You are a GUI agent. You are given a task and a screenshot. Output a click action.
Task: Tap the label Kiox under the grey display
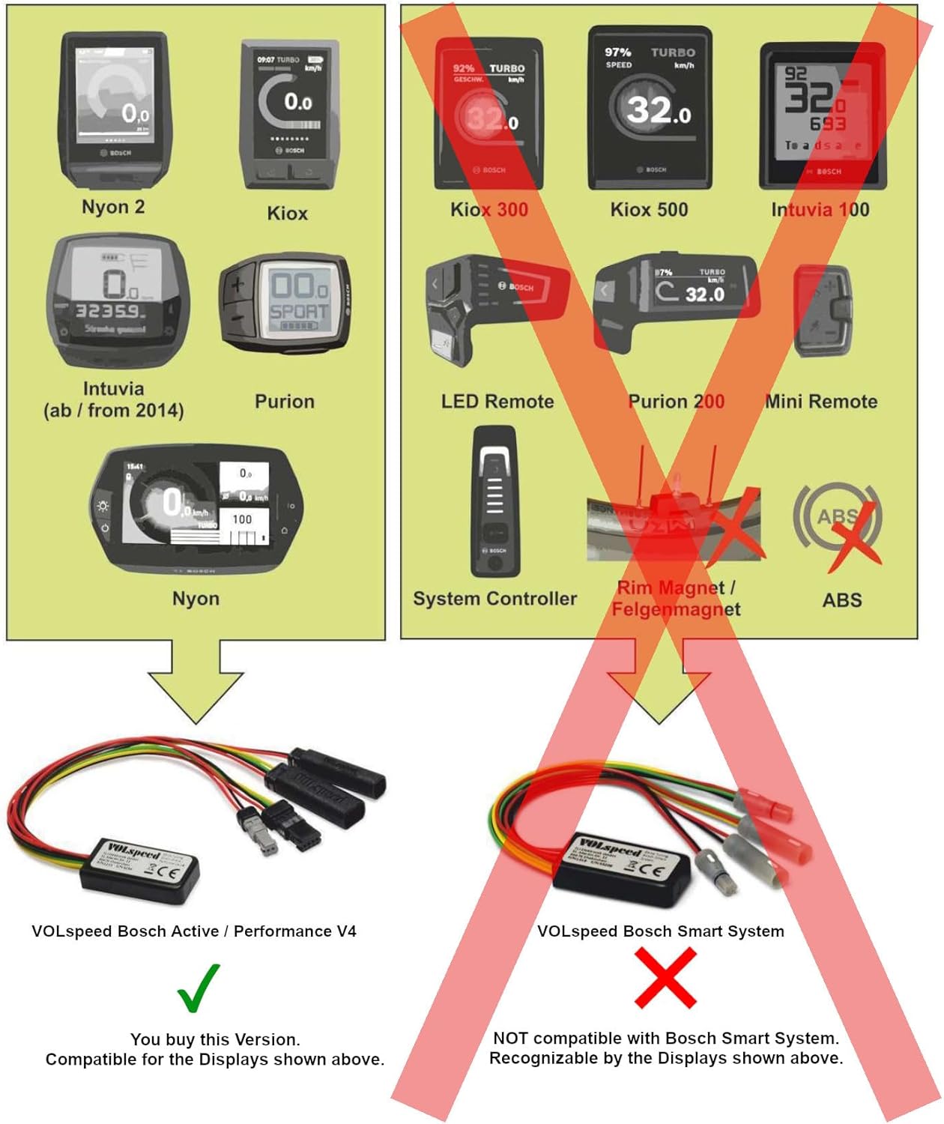[x=287, y=214]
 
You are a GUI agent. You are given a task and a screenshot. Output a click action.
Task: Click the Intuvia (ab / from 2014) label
[x=113, y=399]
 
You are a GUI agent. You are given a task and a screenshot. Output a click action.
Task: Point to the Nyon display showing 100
[x=196, y=510]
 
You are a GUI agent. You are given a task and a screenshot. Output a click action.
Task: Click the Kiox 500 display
[x=650, y=109]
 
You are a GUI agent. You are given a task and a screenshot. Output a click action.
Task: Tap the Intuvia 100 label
[x=820, y=210]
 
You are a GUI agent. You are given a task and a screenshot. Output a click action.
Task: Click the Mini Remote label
[x=821, y=402]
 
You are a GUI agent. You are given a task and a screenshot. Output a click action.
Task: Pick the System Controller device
[x=494, y=501]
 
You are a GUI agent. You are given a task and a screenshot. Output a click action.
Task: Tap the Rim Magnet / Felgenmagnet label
[x=676, y=599]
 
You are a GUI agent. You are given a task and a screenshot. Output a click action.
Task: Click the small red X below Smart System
[x=665, y=978]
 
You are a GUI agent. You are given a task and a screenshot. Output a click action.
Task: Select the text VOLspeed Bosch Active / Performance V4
[x=194, y=931]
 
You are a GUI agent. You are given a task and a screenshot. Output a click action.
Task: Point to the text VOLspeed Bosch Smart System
[x=661, y=931]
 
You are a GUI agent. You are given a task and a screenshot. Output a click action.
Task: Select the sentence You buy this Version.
[x=215, y=1039]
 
